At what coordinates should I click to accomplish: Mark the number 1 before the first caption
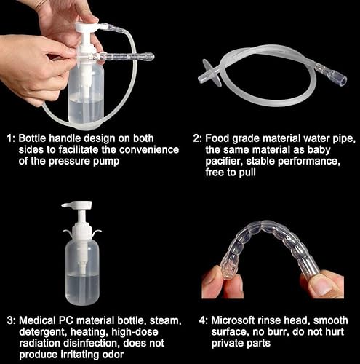[9, 137]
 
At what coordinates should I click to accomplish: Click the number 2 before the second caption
[196, 137]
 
